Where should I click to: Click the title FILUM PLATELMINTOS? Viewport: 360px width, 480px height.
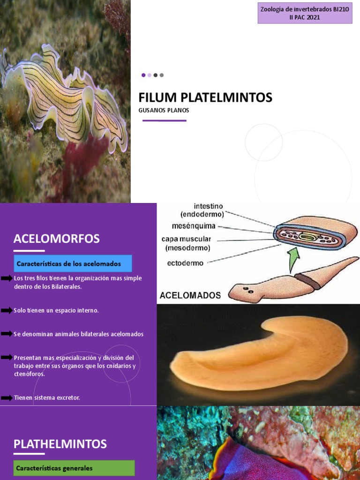[x=205, y=97]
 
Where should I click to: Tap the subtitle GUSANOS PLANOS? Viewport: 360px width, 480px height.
[x=164, y=111]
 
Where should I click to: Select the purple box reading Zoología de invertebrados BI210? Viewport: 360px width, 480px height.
[x=305, y=12]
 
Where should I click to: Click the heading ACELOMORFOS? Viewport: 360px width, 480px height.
[x=57, y=239]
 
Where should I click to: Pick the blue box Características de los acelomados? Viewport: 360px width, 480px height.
[x=73, y=263]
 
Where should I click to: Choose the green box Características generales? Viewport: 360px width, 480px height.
[x=74, y=468]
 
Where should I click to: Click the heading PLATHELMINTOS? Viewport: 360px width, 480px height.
[x=60, y=443]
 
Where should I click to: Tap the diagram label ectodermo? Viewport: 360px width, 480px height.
[x=185, y=263]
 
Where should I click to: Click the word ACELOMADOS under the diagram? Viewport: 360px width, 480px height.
[x=190, y=295]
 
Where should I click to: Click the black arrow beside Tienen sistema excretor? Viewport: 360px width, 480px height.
[x=7, y=397]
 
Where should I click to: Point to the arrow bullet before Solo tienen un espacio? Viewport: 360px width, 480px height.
[x=7, y=310]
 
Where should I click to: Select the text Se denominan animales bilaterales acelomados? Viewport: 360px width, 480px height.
[x=79, y=334]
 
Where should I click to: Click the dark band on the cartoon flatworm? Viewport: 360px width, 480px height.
[x=307, y=281]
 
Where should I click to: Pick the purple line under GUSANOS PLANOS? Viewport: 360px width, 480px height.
[x=164, y=120]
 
